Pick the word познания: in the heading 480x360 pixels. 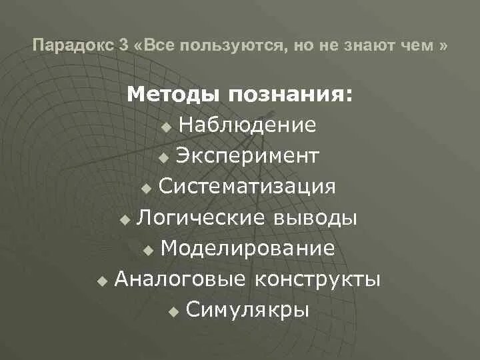291,95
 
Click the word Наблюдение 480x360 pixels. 247,125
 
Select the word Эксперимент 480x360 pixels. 247,157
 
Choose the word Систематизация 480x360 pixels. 247,187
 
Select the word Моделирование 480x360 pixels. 247,249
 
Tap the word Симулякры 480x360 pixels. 247,310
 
